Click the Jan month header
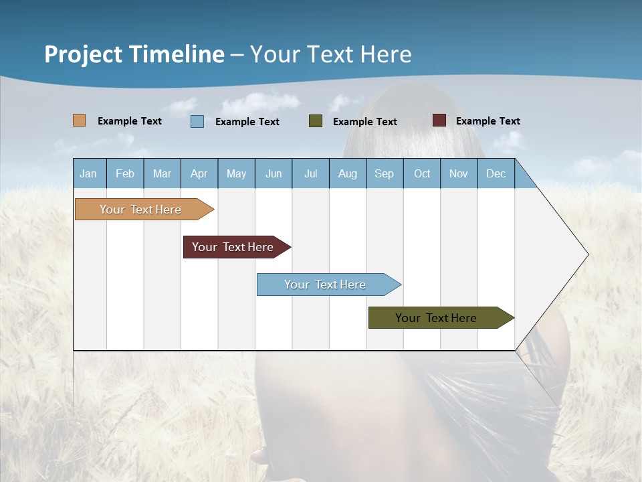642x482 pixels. (88, 173)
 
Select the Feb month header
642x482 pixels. (125, 173)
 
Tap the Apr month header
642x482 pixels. (199, 173)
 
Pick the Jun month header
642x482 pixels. (274, 173)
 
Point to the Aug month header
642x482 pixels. (347, 173)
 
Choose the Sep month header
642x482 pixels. (384, 173)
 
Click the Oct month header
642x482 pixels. (422, 173)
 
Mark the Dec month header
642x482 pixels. (496, 173)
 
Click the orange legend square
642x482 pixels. (79, 120)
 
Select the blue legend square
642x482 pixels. (197, 121)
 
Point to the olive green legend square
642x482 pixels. (316, 121)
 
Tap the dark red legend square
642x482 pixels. (439, 120)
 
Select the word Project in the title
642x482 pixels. (84, 54)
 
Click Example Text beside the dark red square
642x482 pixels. (488, 121)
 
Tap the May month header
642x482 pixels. (236, 173)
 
